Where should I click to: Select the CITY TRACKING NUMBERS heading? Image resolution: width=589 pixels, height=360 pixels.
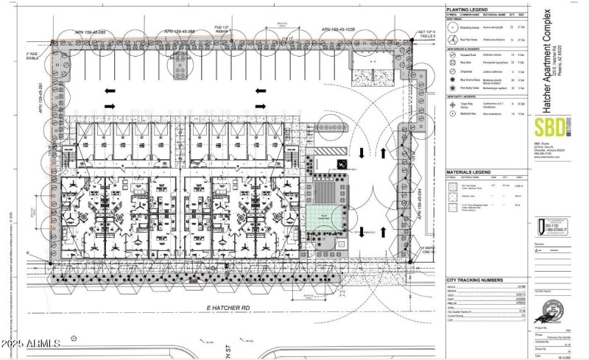click(475, 280)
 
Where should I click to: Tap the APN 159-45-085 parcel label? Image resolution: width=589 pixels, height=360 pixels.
click(91, 32)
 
